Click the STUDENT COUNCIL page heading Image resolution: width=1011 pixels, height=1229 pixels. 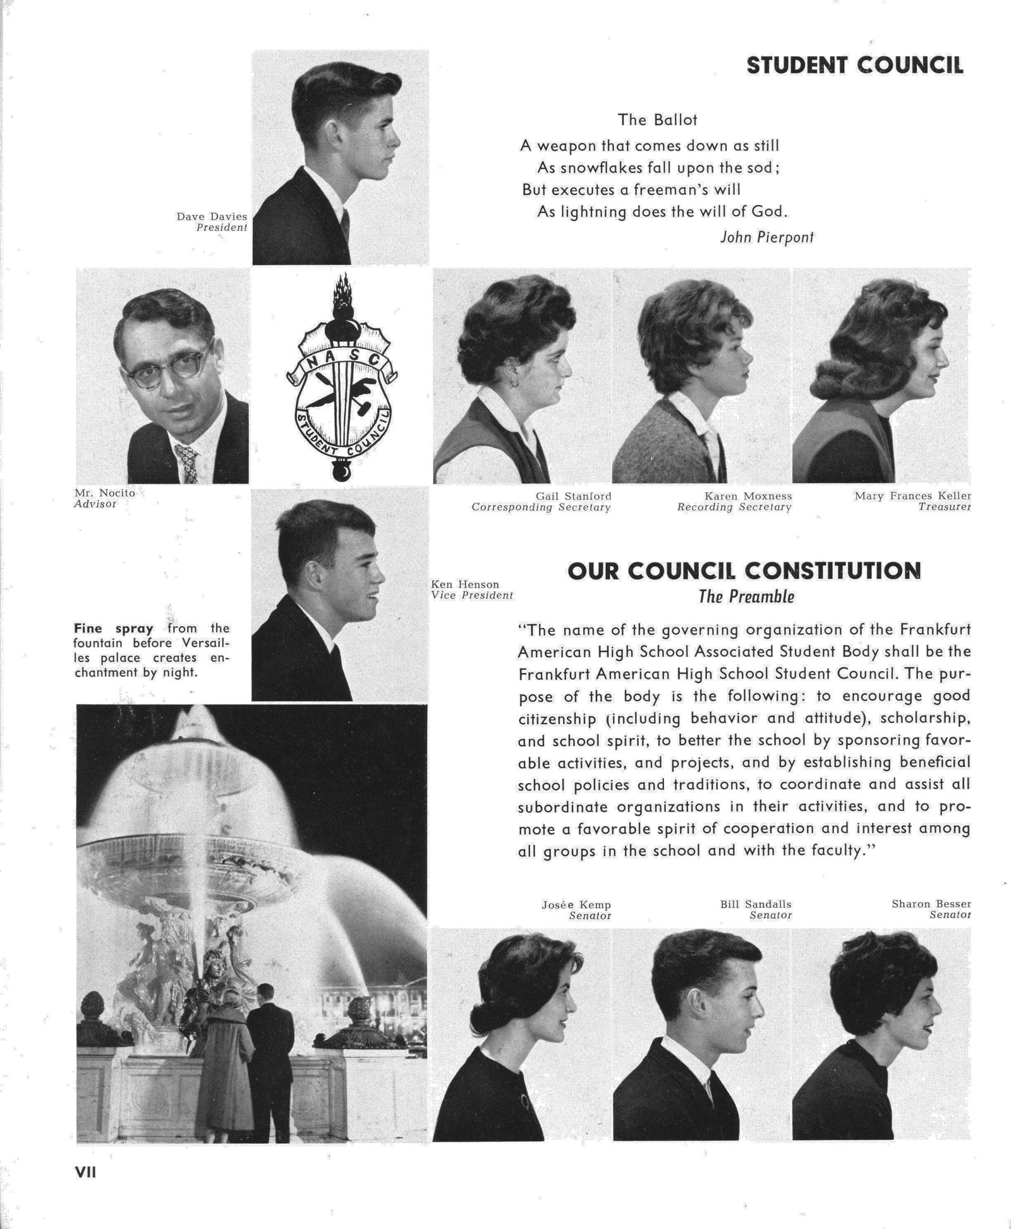click(854, 65)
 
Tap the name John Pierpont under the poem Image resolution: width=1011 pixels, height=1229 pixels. click(766, 237)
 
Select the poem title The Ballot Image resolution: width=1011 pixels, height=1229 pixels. click(657, 119)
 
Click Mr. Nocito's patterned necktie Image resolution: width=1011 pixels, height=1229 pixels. click(187, 463)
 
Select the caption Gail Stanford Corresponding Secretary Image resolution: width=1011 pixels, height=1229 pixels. click(542, 502)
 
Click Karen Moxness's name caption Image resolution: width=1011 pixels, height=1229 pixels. click(748, 496)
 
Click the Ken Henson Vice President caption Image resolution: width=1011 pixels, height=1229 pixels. click(471, 590)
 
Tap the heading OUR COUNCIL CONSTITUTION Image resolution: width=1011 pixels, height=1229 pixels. click(744, 571)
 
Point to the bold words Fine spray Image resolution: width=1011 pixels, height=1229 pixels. click(114, 629)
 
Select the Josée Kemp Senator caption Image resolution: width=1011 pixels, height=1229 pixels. click(576, 909)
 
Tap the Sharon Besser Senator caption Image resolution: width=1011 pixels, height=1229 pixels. click(931, 909)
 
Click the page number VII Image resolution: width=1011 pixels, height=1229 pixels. click(85, 1171)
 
